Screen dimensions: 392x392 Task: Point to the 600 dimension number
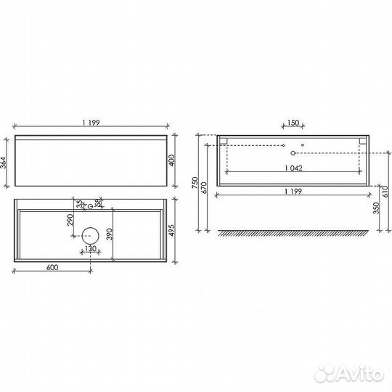[x=51, y=266]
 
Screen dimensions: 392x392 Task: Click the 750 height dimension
[x=195, y=184]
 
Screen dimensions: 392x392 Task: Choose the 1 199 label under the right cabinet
[x=293, y=192]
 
